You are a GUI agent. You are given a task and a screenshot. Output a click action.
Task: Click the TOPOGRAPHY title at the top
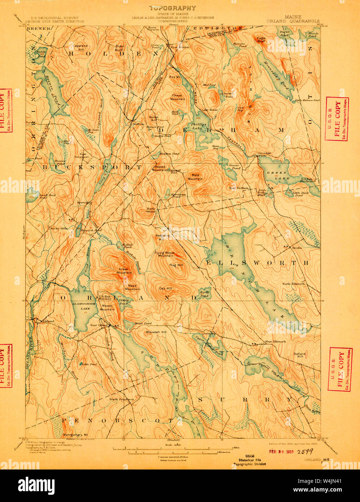click(173, 8)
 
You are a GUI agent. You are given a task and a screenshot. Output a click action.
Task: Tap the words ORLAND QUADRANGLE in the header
click(293, 21)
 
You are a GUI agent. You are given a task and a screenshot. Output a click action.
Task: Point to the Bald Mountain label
click(195, 177)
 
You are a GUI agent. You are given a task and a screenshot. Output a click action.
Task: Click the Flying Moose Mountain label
click(164, 254)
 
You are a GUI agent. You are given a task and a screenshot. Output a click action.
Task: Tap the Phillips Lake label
click(199, 126)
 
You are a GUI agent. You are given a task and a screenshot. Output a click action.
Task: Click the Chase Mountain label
click(178, 98)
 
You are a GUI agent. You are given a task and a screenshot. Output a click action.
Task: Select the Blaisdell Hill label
click(156, 332)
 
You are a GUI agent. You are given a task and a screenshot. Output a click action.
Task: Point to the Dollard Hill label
click(299, 355)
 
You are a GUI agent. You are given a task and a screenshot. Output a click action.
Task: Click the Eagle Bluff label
click(261, 39)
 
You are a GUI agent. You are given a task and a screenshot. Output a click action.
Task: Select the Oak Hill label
click(166, 289)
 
